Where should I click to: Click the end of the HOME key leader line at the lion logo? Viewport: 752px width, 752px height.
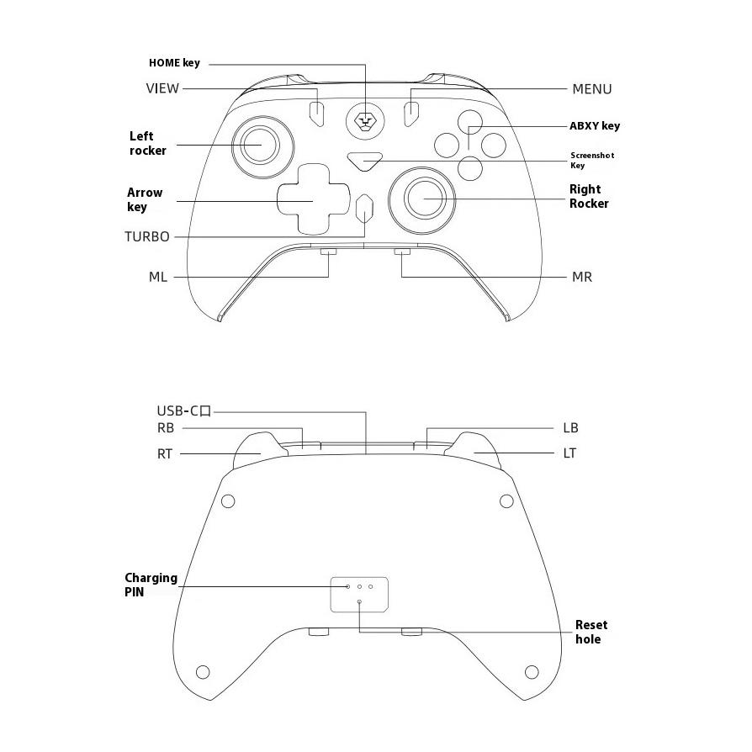365,120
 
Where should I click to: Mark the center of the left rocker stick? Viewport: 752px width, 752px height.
261,145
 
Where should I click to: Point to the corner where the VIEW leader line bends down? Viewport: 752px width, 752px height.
317,88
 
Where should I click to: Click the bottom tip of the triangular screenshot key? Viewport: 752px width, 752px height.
365,170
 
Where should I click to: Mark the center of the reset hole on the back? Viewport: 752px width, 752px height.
360,601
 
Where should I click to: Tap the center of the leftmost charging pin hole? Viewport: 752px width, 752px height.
348,586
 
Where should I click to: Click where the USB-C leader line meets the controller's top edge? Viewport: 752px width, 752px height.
366,453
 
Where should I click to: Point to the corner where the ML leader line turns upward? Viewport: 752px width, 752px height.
329,278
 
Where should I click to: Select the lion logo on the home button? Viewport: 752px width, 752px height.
365,121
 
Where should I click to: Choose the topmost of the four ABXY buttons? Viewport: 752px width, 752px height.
470,122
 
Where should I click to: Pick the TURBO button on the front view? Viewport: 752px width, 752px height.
365,209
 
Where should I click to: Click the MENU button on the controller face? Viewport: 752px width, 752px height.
411,114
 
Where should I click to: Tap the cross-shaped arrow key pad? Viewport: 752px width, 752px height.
313,199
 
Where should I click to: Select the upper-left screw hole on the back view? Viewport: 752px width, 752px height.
228,501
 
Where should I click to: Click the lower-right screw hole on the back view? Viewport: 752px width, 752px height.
532,672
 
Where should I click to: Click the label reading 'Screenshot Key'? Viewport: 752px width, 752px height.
592,160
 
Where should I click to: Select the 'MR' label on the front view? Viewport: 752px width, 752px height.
582,278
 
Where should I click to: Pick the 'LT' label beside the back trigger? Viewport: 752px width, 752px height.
569,453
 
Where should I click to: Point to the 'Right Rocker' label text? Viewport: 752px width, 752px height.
589,196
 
